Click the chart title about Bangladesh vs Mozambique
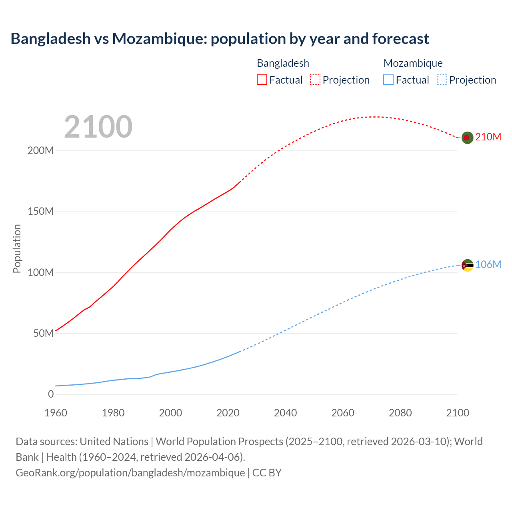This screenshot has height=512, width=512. click(220, 39)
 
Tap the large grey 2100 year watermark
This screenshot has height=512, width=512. click(98, 127)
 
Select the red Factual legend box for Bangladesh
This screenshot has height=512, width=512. click(262, 80)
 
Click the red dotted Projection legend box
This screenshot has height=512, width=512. click(315, 80)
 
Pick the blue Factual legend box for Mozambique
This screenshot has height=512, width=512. click(388, 80)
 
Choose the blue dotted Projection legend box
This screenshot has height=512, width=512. click(442, 80)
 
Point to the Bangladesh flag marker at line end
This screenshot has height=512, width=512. click(467, 138)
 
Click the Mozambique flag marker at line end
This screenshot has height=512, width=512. click(467, 265)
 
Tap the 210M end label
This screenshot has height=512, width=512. click(488, 137)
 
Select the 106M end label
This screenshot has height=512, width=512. click(488, 264)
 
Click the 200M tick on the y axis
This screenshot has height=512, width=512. click(40, 151)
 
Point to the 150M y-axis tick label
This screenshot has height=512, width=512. click(40, 212)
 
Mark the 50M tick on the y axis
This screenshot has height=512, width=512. click(43, 334)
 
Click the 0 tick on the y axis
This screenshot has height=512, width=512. click(51, 394)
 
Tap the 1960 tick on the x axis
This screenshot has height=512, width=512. click(56, 413)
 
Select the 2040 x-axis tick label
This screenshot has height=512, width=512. click(285, 413)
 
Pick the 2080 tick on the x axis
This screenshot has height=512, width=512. click(400, 413)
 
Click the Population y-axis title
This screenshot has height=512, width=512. click(17, 248)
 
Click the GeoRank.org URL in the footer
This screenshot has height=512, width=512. click(130, 473)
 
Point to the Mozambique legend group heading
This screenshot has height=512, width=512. click(413, 63)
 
